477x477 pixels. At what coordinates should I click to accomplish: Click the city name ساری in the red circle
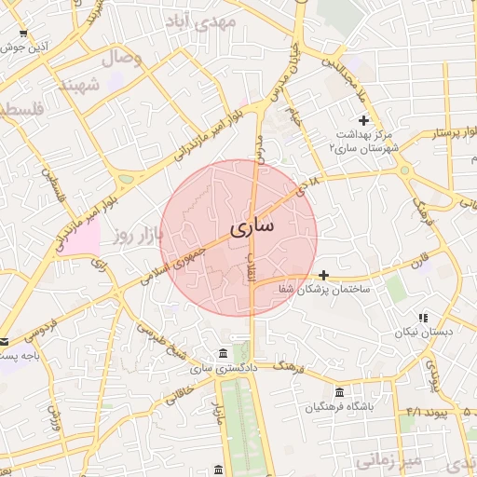252,225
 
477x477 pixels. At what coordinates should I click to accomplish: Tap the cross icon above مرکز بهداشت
363,119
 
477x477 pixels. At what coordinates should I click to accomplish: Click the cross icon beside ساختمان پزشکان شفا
323,275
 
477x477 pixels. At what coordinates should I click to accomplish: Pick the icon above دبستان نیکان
424,318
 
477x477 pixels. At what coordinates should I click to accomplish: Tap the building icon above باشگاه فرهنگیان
339,392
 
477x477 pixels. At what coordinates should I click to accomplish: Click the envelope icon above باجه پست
5,341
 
